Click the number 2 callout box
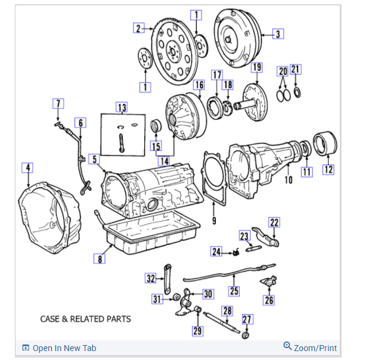[138, 28]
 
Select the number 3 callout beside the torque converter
[278, 33]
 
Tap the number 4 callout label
[27, 167]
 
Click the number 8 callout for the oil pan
[100, 258]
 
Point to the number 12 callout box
[329, 169]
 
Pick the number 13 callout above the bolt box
[122, 107]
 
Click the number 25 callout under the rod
[234, 291]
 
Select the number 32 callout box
[151, 278]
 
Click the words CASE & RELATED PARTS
[85, 319]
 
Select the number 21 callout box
[296, 70]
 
